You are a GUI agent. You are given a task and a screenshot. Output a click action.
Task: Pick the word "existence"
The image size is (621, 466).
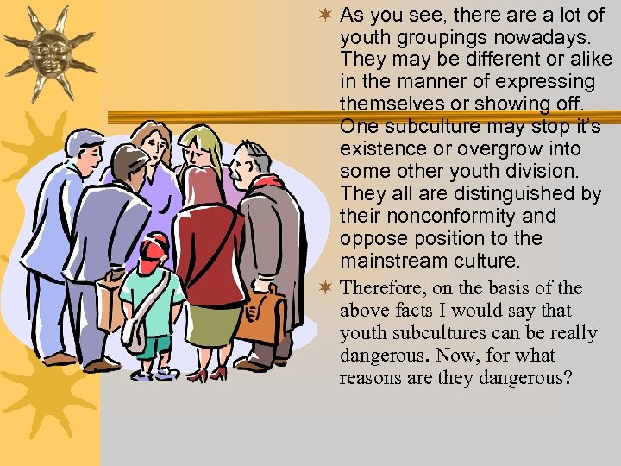[379, 148]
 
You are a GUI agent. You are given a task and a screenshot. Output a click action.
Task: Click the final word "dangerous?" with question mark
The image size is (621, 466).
[529, 378]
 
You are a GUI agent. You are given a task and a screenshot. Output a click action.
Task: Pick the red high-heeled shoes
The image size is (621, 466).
[208, 374]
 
